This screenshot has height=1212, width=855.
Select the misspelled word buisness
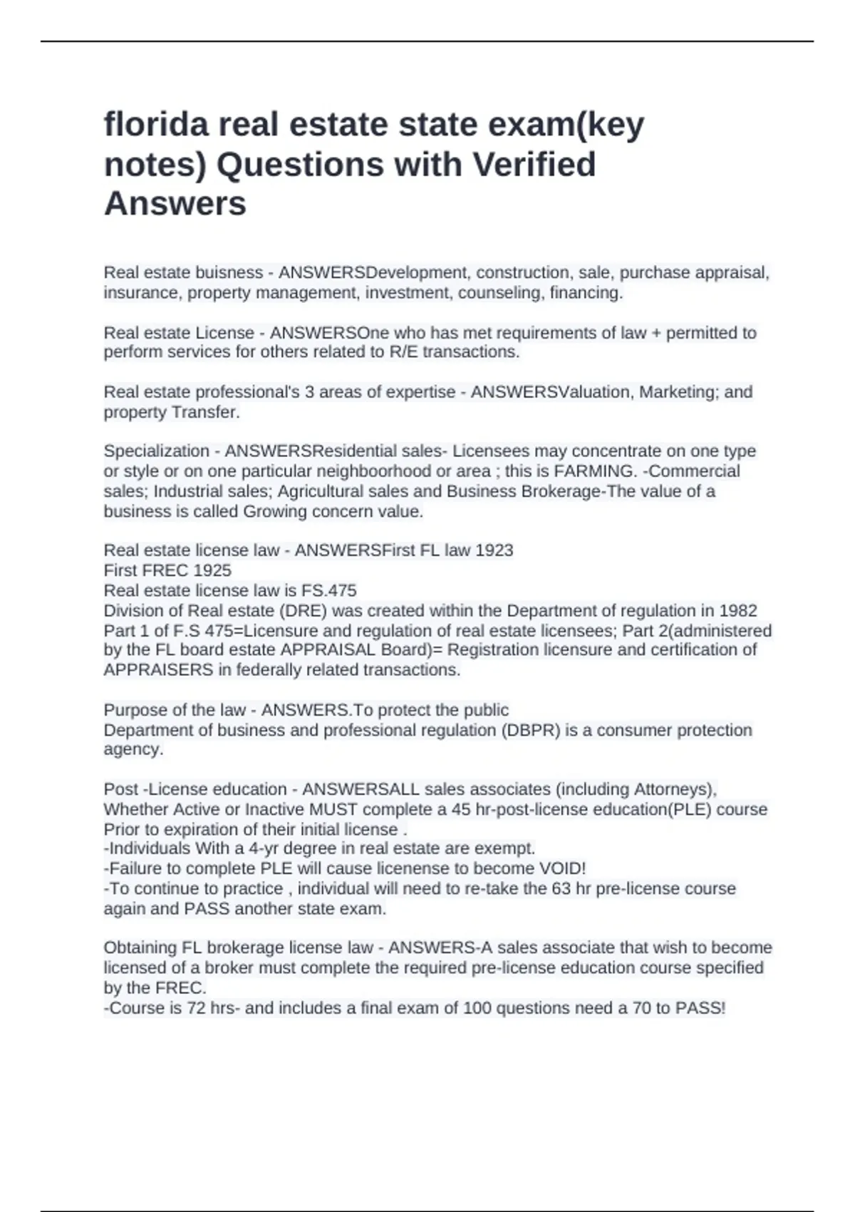point(223,273)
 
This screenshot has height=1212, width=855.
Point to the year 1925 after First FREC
point(212,570)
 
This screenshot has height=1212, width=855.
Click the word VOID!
point(562,868)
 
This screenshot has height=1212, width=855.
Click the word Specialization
point(157,451)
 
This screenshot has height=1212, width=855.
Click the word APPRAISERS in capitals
point(158,670)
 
